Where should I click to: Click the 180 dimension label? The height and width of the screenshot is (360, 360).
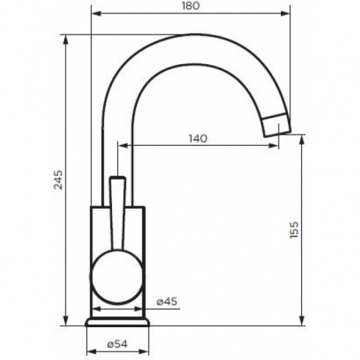(191, 5)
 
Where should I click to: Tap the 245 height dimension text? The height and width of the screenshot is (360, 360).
(58, 180)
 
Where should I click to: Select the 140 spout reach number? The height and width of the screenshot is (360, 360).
(198, 139)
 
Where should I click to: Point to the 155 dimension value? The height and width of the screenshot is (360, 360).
(293, 229)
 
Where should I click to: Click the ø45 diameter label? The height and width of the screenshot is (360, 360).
(167, 301)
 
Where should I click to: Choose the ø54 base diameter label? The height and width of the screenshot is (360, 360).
(117, 344)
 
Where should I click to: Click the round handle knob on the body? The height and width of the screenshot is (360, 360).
(117, 277)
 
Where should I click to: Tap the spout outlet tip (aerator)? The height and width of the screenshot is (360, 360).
(276, 125)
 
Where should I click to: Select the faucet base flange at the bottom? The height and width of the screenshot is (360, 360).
(117, 322)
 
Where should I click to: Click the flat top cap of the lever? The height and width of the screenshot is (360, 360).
(117, 178)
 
